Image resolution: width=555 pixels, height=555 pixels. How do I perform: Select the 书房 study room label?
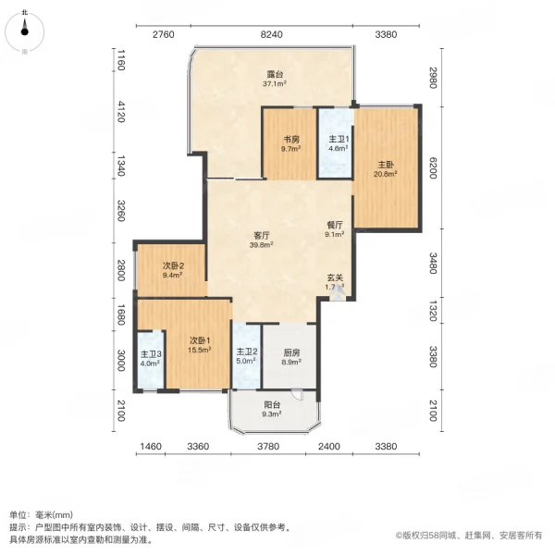click(290, 140)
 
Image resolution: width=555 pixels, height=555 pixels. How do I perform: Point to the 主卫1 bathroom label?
click(338, 140)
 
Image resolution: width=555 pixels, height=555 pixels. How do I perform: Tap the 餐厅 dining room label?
click(335, 225)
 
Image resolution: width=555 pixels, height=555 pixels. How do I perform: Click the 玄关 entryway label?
click(334, 277)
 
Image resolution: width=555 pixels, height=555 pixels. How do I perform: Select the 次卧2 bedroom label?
click(173, 265)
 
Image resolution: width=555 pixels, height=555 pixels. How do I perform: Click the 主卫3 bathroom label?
click(151, 354)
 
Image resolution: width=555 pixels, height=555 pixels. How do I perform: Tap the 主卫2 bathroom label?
click(245, 351)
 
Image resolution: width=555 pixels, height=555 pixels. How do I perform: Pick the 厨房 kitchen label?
click(289, 351)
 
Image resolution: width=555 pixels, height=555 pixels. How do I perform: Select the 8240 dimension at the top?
click(271, 34)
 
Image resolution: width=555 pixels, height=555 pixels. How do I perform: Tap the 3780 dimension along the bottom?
click(268, 448)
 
